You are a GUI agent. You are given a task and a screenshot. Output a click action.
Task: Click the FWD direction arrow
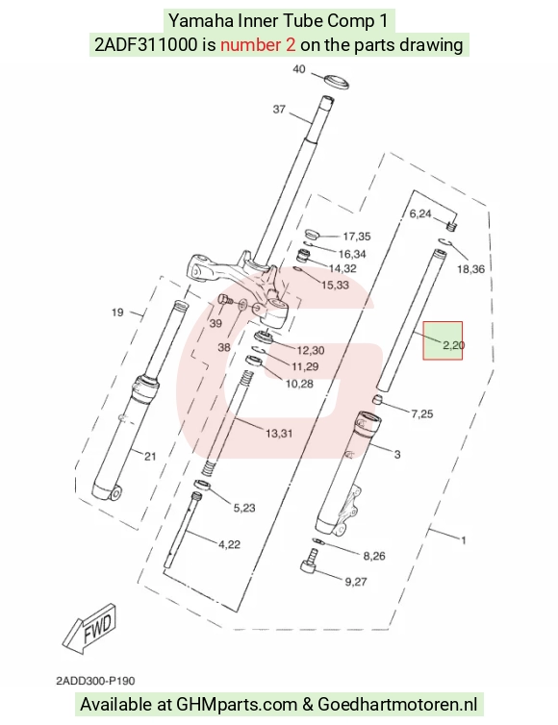pyautogui.click(x=89, y=628)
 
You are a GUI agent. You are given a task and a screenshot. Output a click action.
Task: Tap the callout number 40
pyautogui.click(x=299, y=69)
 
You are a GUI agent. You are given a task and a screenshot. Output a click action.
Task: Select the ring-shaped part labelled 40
pyautogui.click(x=336, y=82)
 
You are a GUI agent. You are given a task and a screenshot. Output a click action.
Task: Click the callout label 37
pyautogui.click(x=279, y=110)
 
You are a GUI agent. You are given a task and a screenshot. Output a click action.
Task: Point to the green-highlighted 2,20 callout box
pyautogui.click(x=443, y=340)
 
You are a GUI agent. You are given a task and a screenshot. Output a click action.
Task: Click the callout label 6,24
pyautogui.click(x=420, y=213)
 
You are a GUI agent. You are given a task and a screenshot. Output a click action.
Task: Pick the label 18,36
pyautogui.click(x=471, y=269)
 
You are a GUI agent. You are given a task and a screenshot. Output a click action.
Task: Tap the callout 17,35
pyautogui.click(x=357, y=237)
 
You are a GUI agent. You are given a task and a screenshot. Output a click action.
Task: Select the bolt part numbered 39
pyautogui.click(x=224, y=300)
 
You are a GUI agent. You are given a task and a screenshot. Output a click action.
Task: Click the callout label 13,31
pyautogui.click(x=279, y=434)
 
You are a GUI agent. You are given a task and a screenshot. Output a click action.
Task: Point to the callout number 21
pyautogui.click(x=150, y=457)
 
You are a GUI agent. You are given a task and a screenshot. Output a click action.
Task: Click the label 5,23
pyautogui.click(x=244, y=508)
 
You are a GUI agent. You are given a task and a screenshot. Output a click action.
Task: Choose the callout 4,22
pyautogui.click(x=230, y=544)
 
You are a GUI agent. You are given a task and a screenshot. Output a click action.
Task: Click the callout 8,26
pyautogui.click(x=374, y=556)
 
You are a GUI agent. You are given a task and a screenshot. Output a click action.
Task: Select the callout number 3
pyautogui.click(x=397, y=455)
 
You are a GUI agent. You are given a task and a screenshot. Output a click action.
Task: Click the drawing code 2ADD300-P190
pyautogui.click(x=95, y=681)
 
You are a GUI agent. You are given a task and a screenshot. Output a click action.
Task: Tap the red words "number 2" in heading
pyautogui.click(x=258, y=45)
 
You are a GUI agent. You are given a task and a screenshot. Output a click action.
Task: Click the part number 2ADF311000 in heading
pyautogui.click(x=145, y=45)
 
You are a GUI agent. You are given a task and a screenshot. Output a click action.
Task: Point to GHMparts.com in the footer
pyautogui.click(x=236, y=705)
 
